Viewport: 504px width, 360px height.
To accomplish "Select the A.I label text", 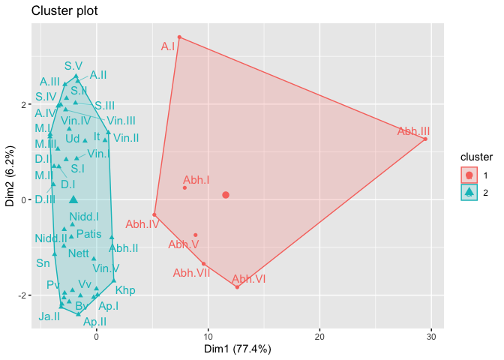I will (168, 46).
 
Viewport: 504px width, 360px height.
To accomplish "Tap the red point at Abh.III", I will (425, 139).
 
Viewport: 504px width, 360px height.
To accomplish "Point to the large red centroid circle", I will (226, 195).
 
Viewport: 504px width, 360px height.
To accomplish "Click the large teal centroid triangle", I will (73, 199).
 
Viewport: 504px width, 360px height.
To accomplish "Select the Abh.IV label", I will (142, 223).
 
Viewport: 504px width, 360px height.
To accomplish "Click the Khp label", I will (125, 289).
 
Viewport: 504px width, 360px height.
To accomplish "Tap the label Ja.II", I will (49, 316).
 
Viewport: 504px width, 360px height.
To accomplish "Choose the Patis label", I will (88, 234).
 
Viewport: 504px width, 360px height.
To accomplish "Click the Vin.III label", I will (121, 120).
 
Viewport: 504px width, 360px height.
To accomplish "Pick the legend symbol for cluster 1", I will (469, 175).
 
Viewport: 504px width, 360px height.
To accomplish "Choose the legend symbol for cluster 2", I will (469, 192).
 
